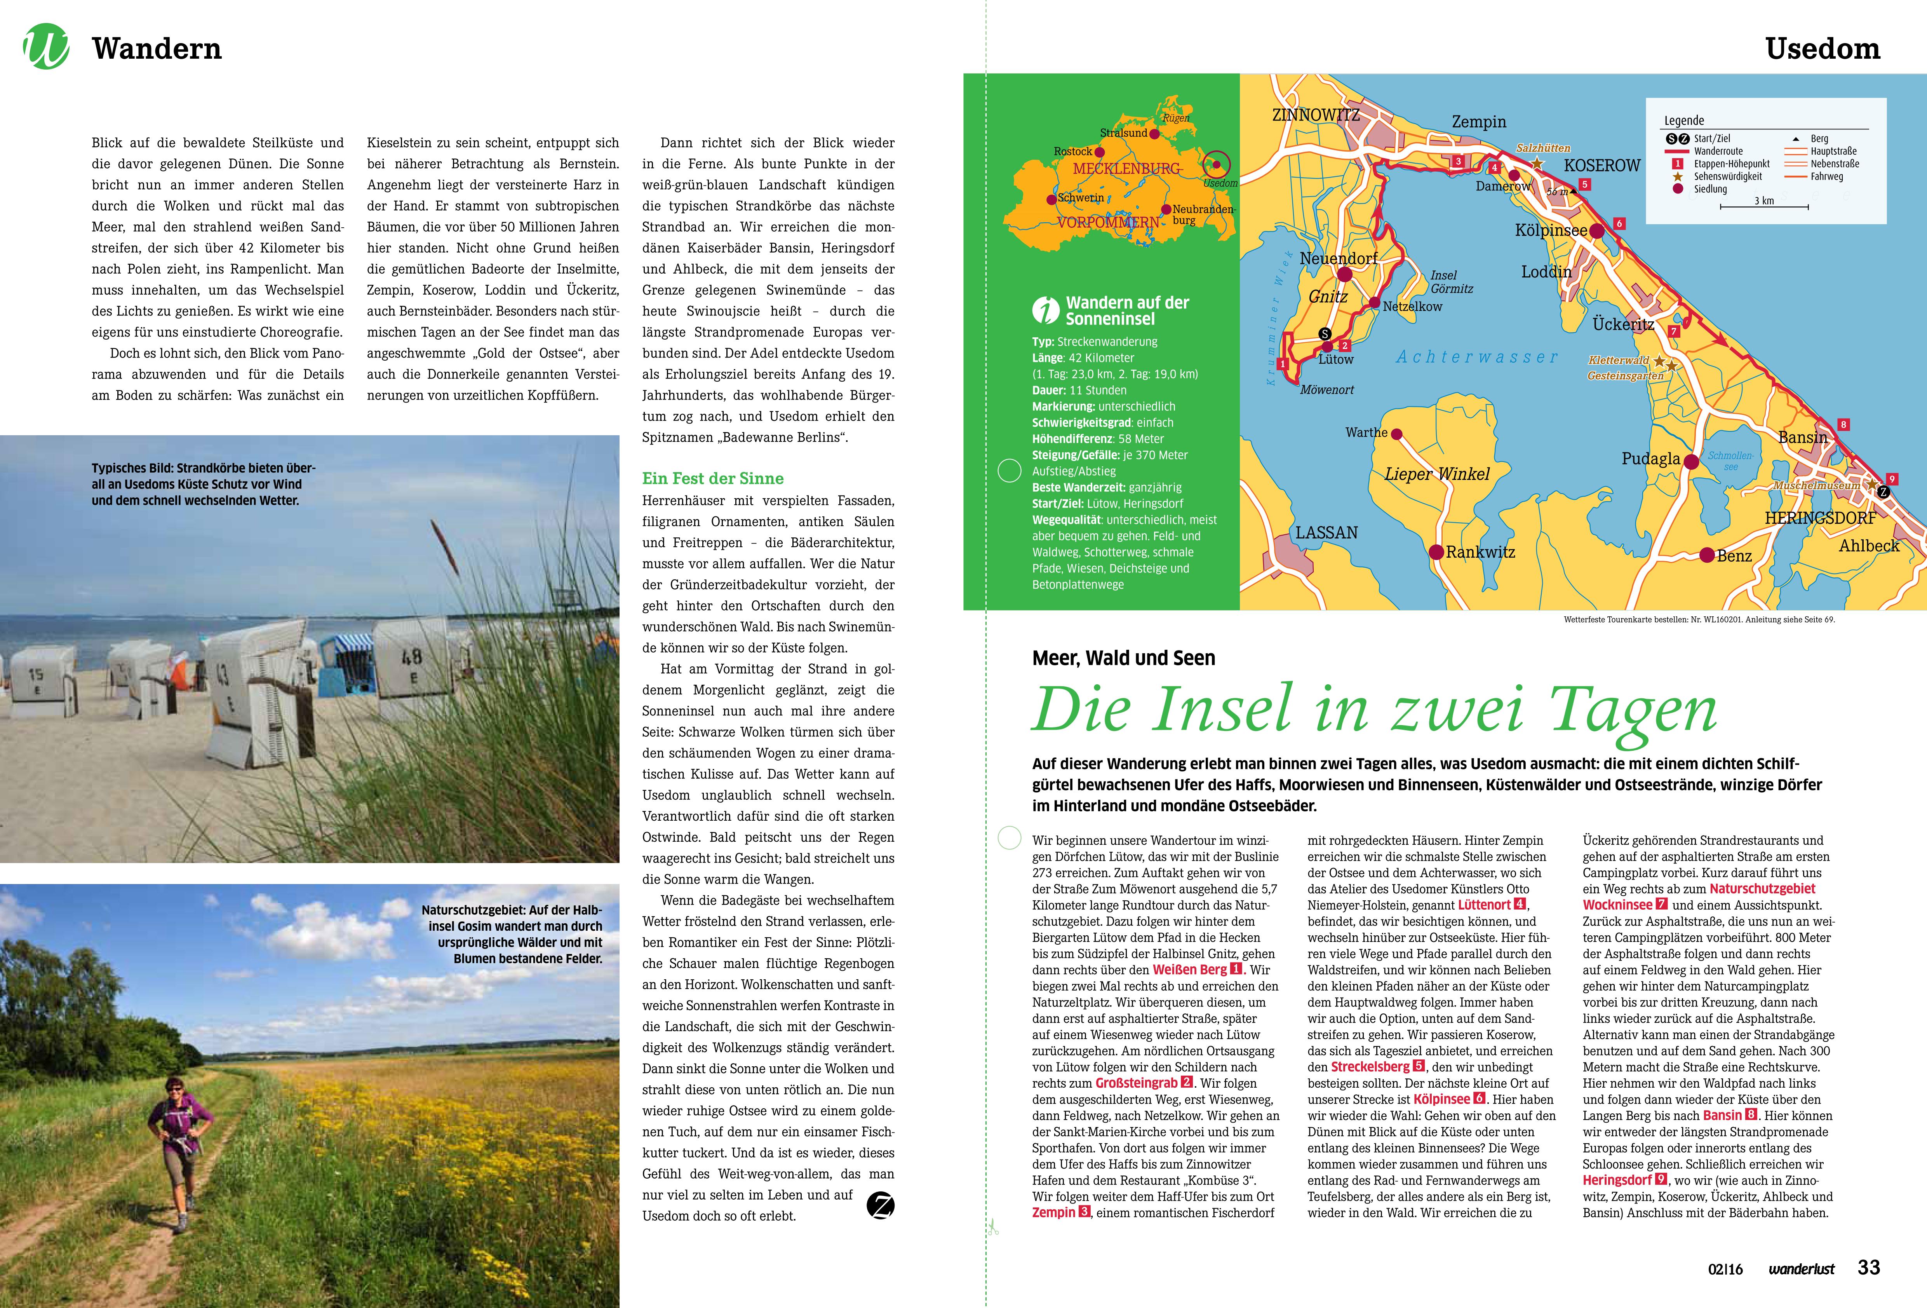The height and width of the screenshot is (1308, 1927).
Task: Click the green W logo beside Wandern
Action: pyautogui.click(x=47, y=47)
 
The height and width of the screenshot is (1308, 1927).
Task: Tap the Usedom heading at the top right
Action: pyautogui.click(x=1823, y=49)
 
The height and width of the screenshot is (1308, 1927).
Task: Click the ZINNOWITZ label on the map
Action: pyautogui.click(x=1316, y=115)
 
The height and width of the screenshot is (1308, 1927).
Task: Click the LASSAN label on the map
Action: pyautogui.click(x=1326, y=532)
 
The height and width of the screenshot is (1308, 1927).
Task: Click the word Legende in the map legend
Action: pyautogui.click(x=1684, y=120)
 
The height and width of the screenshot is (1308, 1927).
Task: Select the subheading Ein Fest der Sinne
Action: pyautogui.click(x=712, y=479)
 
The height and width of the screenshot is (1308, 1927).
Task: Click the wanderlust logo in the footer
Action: pyautogui.click(x=1801, y=1269)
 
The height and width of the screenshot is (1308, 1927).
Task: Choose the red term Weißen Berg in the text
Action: pyautogui.click(x=1189, y=970)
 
